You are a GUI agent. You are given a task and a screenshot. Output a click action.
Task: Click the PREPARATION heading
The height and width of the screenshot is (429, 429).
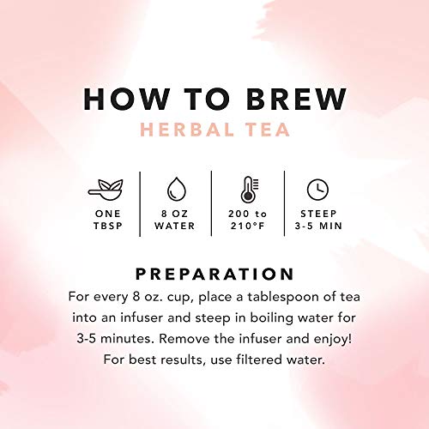point(214,275)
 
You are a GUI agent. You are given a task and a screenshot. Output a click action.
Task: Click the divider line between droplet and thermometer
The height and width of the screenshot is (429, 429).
point(211,203)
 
